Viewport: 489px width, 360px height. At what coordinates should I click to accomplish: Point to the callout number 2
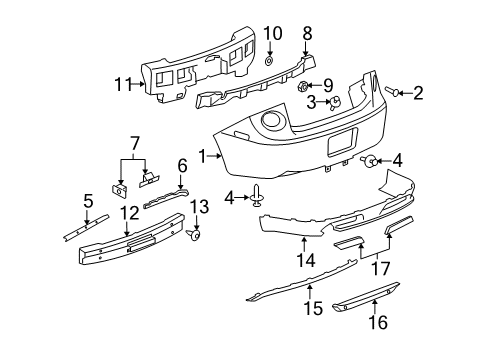pos(417,93)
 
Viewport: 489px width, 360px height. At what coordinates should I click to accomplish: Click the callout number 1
pos(203,155)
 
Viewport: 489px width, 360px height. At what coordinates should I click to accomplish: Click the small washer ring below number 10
pos(269,61)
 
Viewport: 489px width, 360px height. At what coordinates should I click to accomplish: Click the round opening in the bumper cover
pos(270,122)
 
